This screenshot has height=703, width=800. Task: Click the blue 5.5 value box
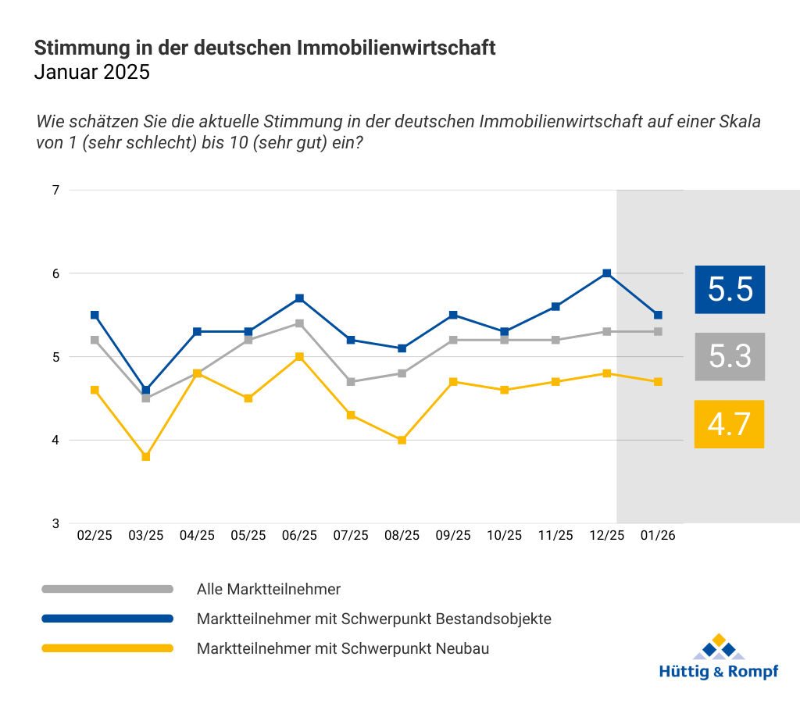tap(730, 289)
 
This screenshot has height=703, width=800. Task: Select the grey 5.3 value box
tap(730, 356)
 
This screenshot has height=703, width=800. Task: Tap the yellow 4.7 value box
tap(729, 424)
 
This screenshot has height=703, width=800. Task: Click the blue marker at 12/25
tap(606, 273)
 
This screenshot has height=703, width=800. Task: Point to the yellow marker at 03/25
tap(145, 456)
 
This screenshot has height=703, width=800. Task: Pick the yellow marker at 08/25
tap(402, 440)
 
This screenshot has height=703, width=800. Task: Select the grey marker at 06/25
tap(299, 323)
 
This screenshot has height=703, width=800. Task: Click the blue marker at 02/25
tap(95, 315)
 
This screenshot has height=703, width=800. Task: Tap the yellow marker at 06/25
tap(299, 357)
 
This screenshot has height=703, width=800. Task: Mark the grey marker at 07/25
tap(351, 382)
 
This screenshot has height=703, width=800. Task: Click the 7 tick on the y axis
tap(56, 190)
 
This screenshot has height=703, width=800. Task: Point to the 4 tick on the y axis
tap(56, 441)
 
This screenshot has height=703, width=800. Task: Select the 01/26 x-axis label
tap(658, 536)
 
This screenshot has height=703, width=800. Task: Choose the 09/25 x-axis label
tap(453, 536)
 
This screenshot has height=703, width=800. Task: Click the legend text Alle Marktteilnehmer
tap(269, 589)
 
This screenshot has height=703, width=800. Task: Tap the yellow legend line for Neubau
tap(107, 648)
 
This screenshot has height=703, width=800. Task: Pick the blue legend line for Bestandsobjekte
tap(107, 619)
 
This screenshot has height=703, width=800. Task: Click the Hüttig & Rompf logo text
tap(719, 672)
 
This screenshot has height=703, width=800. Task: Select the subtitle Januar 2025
tap(91, 73)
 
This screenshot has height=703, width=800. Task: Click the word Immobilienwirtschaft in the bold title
tap(397, 48)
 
